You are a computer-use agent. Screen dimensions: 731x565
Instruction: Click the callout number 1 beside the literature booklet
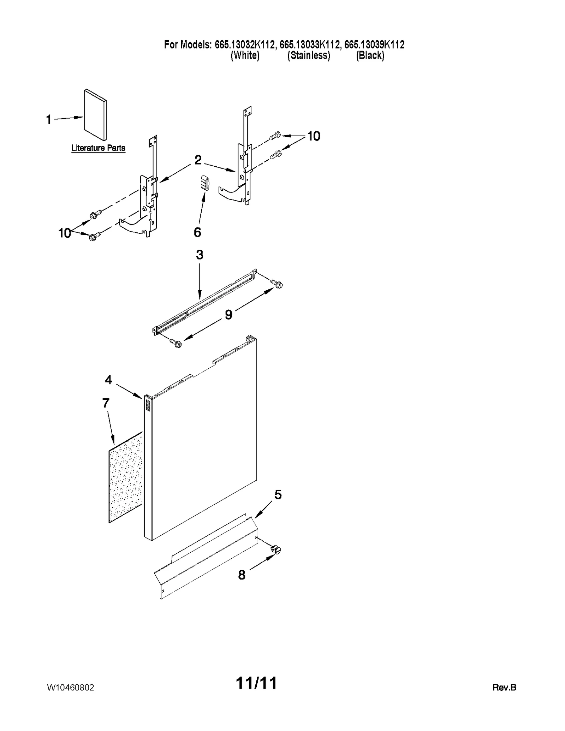[x=49, y=120]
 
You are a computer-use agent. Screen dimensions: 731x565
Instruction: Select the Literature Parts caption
[x=98, y=148]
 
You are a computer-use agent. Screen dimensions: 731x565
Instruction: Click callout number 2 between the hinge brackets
[x=198, y=160]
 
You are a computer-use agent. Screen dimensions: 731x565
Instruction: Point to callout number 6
[x=197, y=232]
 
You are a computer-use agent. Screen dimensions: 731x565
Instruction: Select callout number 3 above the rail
[x=200, y=255]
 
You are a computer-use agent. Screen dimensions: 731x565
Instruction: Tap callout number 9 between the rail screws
[x=229, y=314]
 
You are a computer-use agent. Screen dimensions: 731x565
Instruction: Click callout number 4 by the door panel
[x=108, y=380]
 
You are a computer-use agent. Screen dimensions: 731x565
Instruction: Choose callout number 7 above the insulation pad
[x=106, y=403]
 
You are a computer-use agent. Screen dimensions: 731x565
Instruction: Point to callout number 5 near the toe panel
[x=278, y=495]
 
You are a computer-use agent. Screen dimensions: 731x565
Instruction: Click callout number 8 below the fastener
[x=242, y=575]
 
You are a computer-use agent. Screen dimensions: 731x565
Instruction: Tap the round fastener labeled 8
[x=275, y=549]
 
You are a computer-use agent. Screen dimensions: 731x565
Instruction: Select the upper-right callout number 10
[x=314, y=136]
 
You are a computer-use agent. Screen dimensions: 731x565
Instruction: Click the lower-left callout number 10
[x=65, y=233]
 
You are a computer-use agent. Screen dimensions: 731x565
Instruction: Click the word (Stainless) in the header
[x=308, y=55]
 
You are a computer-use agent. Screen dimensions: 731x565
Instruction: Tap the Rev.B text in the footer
[x=504, y=687]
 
